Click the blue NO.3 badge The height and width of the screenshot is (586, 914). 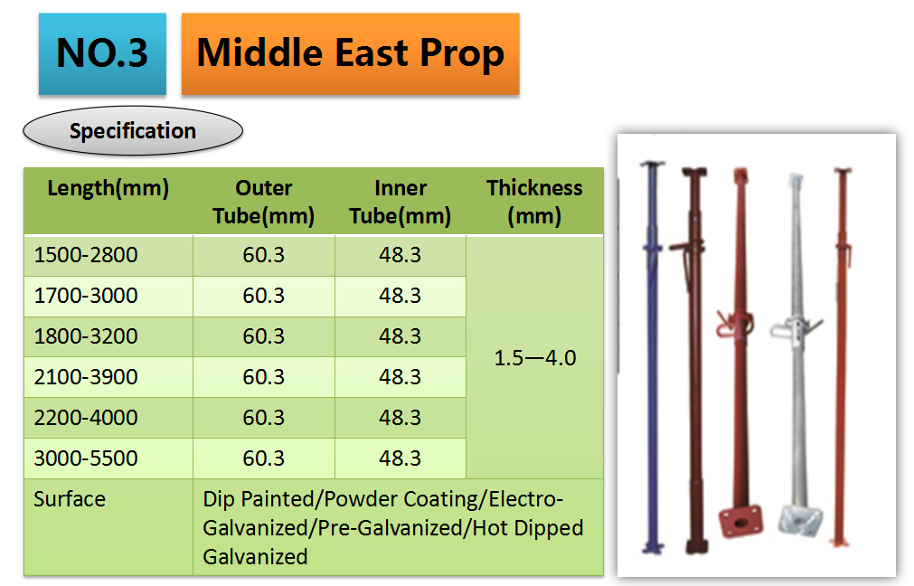[x=102, y=53]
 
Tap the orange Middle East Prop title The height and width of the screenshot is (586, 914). [x=351, y=53]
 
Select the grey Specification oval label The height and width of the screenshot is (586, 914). [x=133, y=130]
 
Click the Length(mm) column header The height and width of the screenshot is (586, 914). [x=108, y=188]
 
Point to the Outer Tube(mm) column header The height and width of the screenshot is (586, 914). [x=263, y=202]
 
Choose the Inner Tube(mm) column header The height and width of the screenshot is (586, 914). [x=400, y=202]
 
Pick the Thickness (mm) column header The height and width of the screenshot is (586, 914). [x=534, y=202]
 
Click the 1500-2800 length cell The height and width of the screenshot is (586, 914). [x=86, y=255]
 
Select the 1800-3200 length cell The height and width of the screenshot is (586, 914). [x=86, y=336]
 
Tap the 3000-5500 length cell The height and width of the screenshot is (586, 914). [x=86, y=458]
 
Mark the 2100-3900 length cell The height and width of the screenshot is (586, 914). [x=86, y=377]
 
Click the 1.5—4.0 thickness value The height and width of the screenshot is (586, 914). [x=535, y=358]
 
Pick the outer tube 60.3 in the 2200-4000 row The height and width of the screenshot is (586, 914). [x=263, y=418]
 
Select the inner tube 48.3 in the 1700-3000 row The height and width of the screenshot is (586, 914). [x=400, y=296]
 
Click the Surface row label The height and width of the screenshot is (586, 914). [x=70, y=499]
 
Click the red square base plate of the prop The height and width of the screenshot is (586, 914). [x=741, y=521]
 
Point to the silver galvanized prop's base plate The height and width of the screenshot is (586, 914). [x=801, y=520]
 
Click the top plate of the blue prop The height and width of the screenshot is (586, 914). [x=652, y=164]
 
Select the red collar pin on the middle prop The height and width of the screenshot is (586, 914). [x=734, y=324]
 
